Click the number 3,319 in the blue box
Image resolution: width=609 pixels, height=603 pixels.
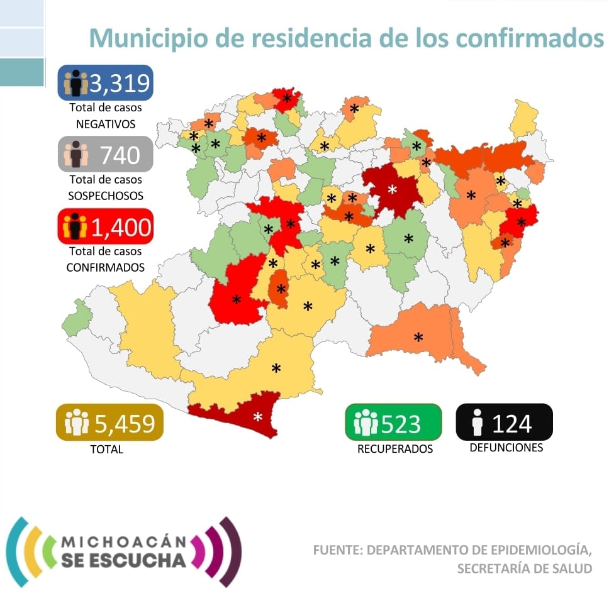point(119,83)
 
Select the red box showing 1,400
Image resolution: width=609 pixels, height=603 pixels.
point(105,226)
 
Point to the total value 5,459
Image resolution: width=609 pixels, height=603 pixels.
point(125,423)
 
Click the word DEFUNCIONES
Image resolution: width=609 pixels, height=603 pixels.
point(506,448)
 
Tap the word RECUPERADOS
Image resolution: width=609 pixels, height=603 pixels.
point(395,449)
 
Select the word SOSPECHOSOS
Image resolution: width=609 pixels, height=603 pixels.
point(105,196)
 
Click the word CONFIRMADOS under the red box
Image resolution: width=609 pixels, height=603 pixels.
point(105,267)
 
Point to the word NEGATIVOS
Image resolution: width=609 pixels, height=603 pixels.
point(105,124)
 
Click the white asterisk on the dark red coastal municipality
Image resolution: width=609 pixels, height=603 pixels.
point(257,417)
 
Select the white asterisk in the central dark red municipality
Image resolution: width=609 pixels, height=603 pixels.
point(393,189)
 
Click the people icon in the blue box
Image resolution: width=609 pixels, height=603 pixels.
point(75,83)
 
